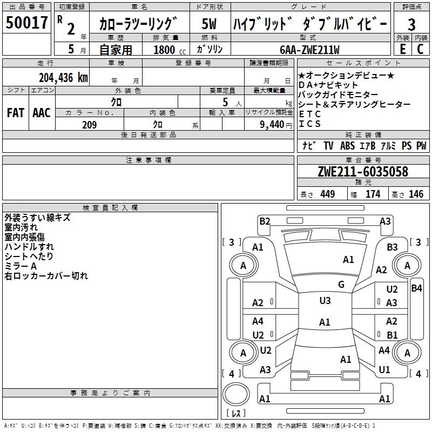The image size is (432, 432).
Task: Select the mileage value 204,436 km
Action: (63, 77)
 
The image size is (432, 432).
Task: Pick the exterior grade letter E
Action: (402, 49)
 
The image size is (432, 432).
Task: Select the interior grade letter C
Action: (420, 49)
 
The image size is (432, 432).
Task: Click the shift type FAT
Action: (15, 112)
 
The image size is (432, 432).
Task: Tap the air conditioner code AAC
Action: (41, 112)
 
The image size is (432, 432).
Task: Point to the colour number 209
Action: (89, 125)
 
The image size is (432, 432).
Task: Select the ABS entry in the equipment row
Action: (347, 146)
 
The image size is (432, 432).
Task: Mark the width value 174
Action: (373, 194)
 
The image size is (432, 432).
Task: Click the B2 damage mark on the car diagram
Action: (265, 221)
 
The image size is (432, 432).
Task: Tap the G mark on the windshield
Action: (341, 285)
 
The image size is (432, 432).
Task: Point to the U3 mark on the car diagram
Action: (325, 300)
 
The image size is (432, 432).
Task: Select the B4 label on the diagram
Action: (416, 288)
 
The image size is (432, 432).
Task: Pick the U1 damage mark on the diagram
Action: (384, 370)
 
